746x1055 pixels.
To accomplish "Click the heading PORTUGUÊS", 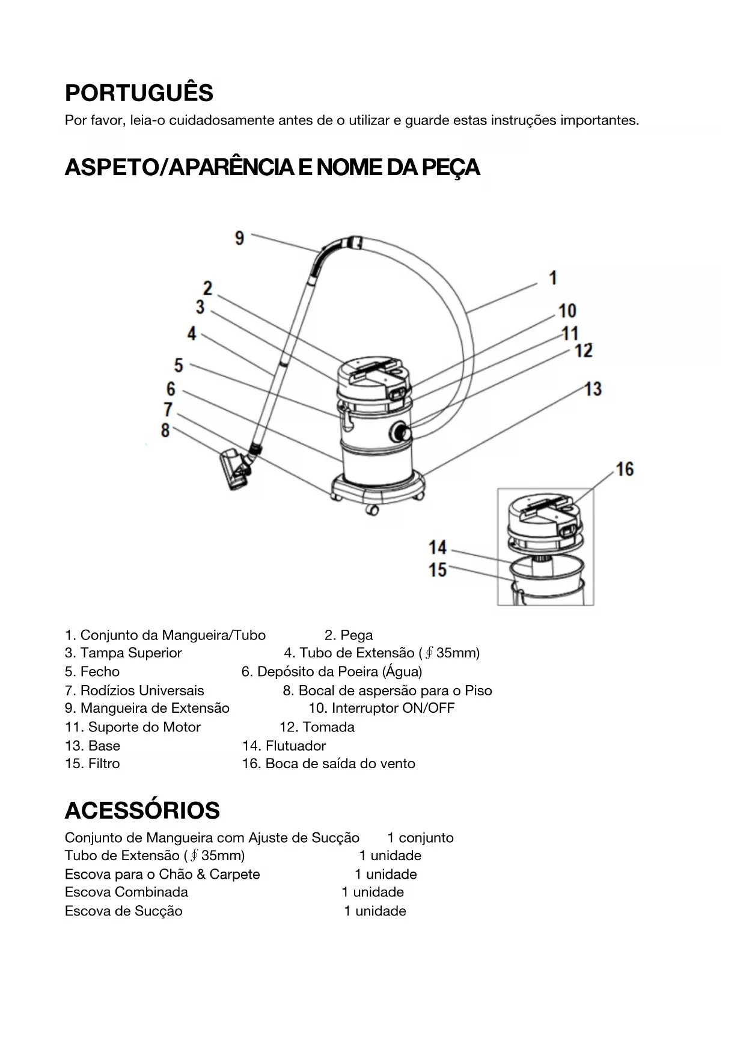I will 139,93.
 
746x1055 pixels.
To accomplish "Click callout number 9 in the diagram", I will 239,238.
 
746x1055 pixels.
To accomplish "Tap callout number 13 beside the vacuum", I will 593,389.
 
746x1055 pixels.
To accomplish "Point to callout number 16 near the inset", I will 625,469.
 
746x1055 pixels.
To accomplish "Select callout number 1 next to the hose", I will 553,278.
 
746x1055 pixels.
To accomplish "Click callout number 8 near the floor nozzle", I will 165,431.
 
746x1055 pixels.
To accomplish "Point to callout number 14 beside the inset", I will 438,547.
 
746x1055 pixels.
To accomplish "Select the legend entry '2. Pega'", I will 349,635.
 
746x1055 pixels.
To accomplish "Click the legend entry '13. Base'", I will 93,746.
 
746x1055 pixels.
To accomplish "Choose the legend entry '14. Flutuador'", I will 284,746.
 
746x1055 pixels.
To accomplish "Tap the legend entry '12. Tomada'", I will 317,727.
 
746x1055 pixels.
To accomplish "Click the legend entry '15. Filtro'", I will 93,764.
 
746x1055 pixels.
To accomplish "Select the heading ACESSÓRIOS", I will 142,811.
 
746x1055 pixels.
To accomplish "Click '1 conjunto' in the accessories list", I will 420,838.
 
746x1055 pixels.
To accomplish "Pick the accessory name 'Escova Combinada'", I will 126,892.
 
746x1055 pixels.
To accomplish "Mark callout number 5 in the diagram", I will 179,365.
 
